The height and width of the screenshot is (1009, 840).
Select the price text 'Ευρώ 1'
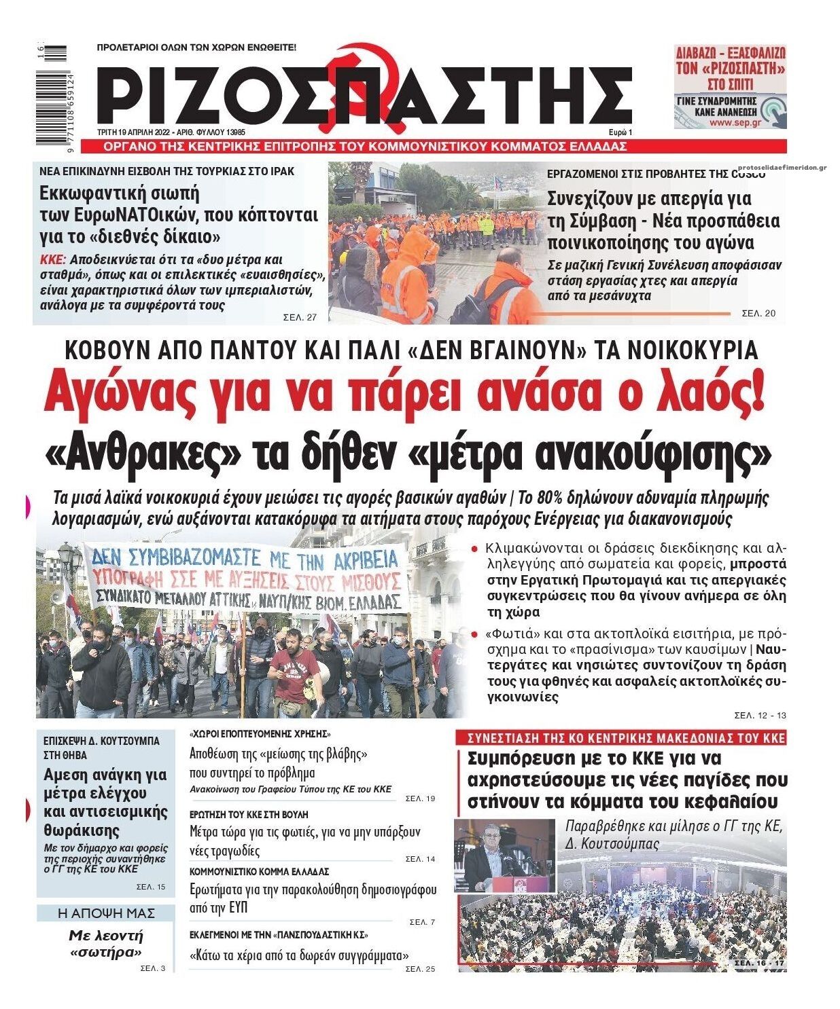(620, 132)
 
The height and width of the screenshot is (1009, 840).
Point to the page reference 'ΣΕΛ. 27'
(300, 317)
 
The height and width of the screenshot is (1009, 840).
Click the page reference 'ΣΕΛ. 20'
(758, 313)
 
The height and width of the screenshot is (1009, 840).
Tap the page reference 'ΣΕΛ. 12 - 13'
(760, 715)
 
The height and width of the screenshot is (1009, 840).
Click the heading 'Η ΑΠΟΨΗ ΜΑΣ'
(106, 913)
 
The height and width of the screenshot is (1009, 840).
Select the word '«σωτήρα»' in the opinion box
(106, 952)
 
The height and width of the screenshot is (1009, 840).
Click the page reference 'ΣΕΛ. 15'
(150, 887)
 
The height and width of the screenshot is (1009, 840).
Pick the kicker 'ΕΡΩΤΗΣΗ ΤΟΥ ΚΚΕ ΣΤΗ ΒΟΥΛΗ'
(248, 813)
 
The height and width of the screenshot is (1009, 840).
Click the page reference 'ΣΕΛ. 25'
(419, 969)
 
